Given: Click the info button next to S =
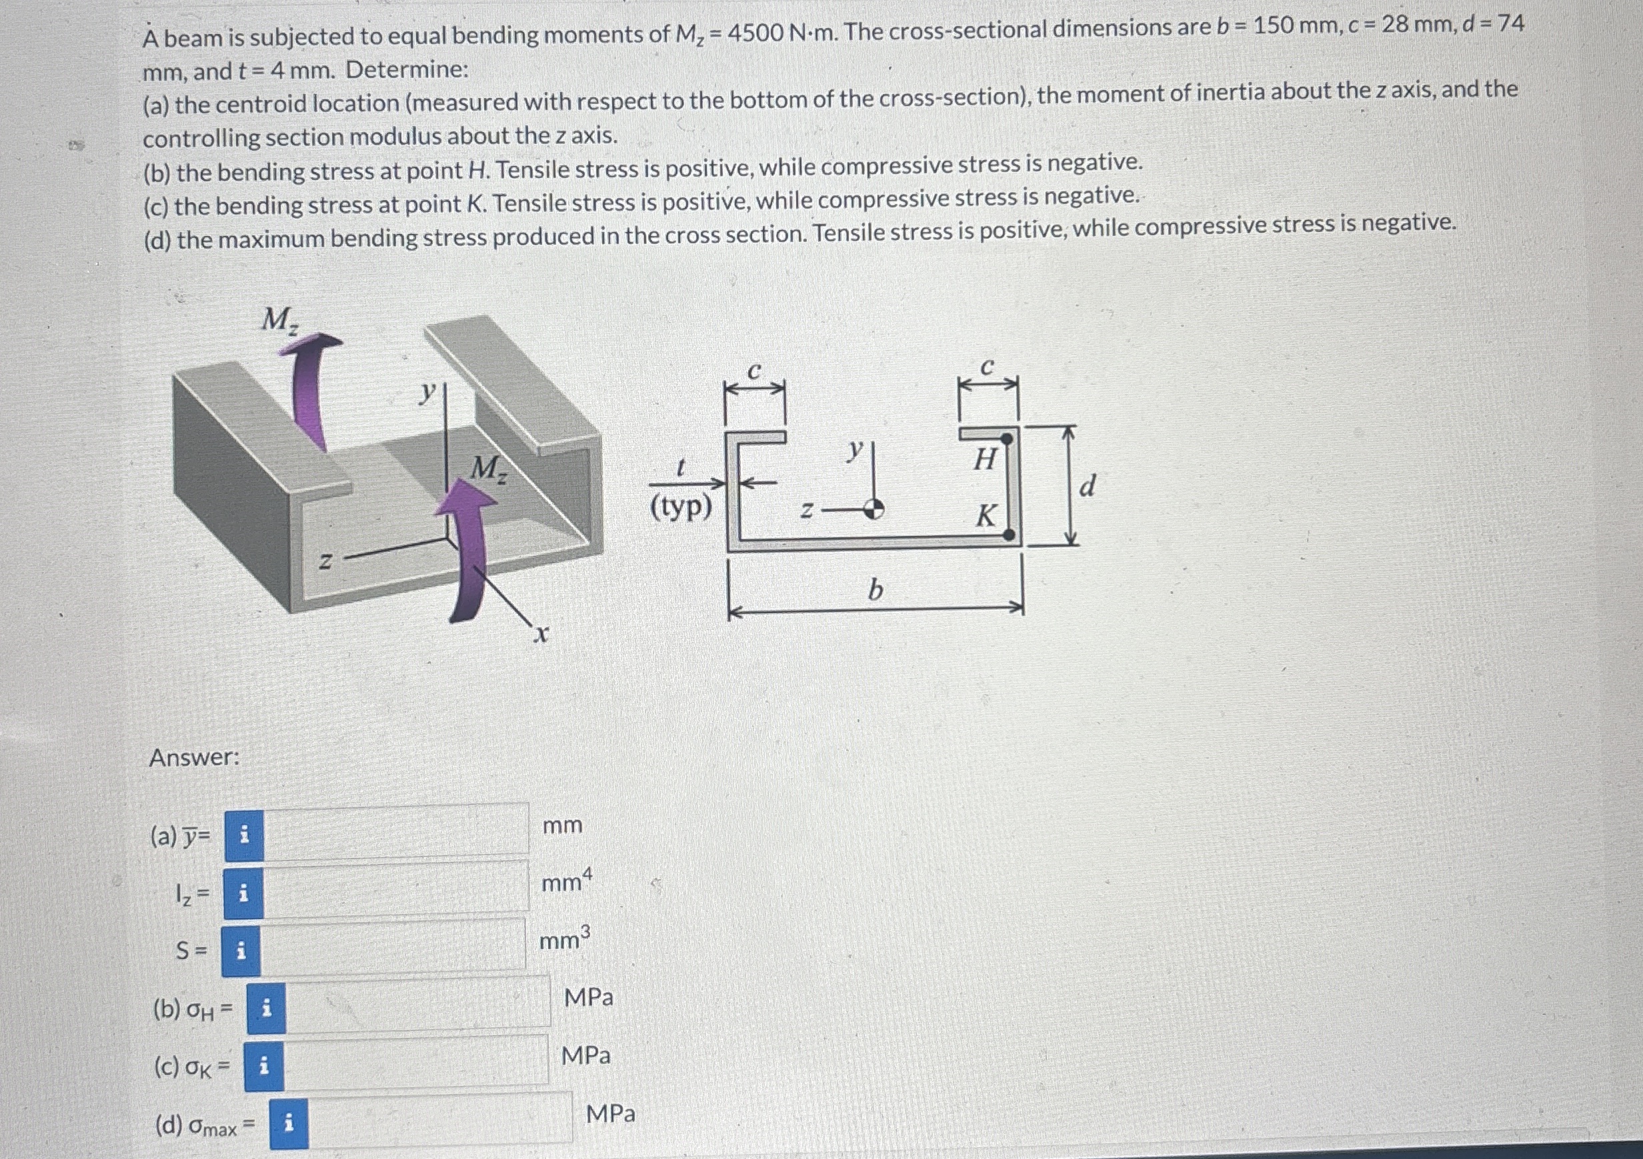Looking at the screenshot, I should [x=241, y=951].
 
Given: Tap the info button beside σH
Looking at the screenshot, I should [x=266, y=1009].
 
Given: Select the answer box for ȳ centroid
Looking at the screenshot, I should [x=395, y=830].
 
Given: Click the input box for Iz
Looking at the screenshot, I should [x=395, y=889].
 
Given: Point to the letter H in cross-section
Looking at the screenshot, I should [x=985, y=459].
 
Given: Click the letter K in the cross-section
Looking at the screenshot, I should [x=986, y=515].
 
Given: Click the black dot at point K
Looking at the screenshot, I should [x=1008, y=534].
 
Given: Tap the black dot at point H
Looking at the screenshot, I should [x=1006, y=438].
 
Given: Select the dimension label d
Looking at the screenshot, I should [x=1087, y=487].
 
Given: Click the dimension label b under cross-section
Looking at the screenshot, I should [x=875, y=591].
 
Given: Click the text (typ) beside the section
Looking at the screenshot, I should [x=681, y=507].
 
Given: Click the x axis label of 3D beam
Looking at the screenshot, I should [x=541, y=634].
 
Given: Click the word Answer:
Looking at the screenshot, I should [x=194, y=757].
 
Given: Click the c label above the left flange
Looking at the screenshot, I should [x=753, y=372].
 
